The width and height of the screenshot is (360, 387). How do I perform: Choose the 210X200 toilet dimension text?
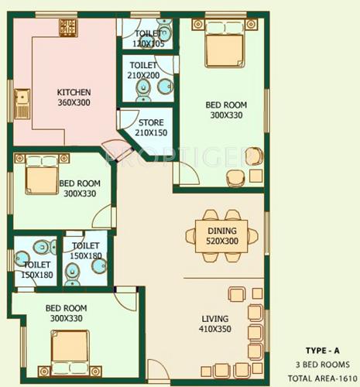coord(145,77)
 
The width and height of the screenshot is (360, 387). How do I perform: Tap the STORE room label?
coord(150,122)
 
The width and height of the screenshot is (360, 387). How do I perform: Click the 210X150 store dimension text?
coord(150,132)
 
